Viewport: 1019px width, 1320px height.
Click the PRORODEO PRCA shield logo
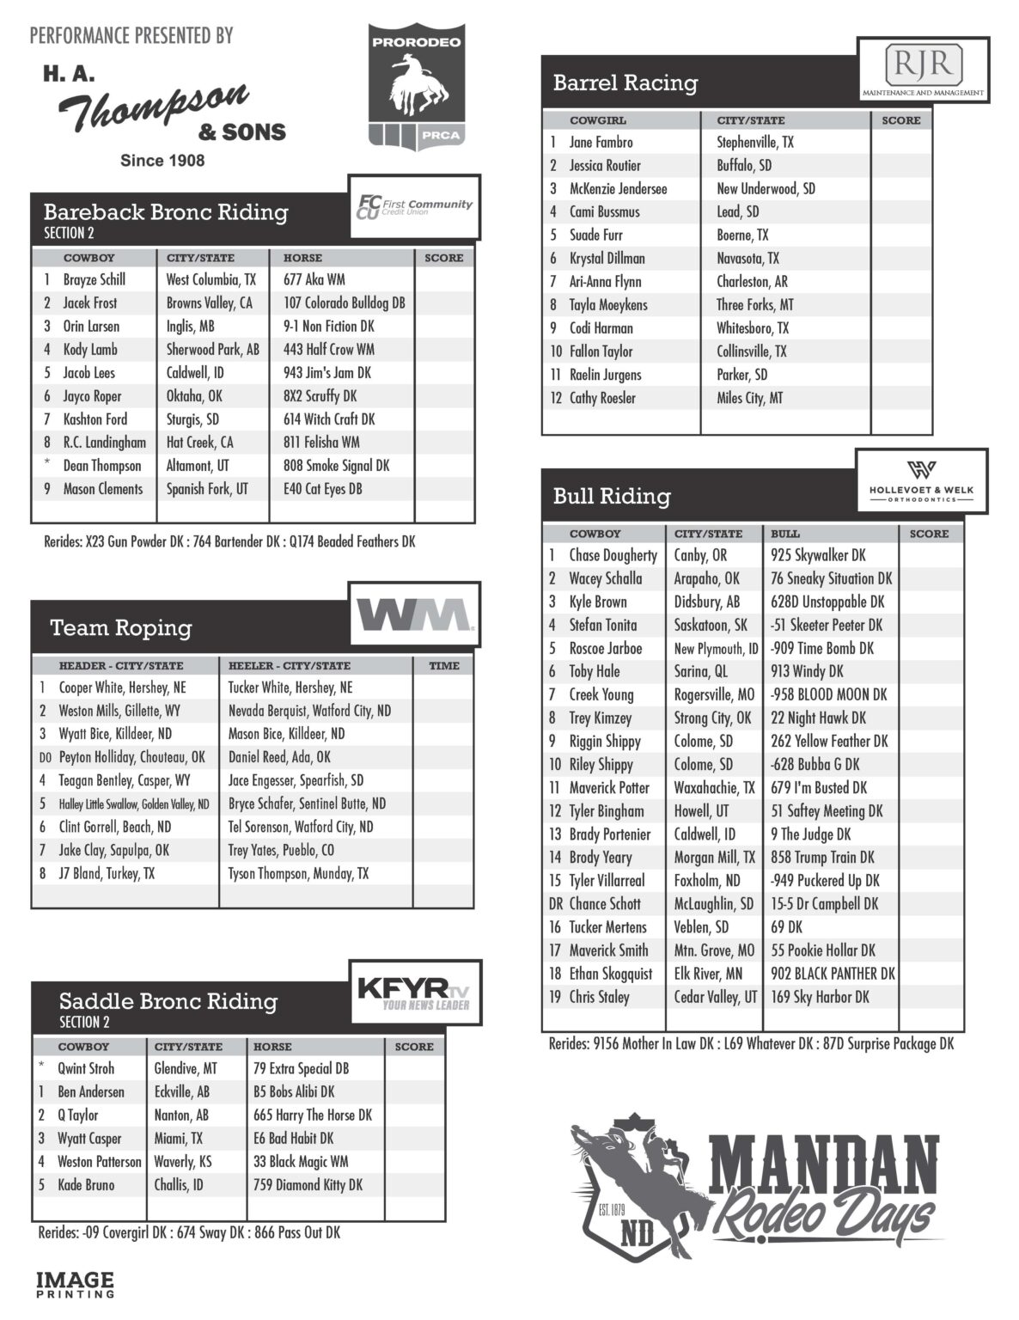point(416,86)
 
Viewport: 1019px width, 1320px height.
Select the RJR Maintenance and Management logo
point(924,69)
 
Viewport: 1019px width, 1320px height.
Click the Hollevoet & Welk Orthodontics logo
point(921,482)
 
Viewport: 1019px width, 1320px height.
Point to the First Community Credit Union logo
point(414,206)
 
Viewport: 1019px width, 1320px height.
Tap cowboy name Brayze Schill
point(95,279)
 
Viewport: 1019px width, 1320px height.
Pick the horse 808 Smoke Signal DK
point(336,466)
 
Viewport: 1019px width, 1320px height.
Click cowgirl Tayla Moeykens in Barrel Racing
point(608,305)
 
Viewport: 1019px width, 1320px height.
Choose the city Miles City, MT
point(749,398)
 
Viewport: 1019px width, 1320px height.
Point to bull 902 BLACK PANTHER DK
point(832,974)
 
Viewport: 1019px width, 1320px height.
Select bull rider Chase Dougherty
point(613,556)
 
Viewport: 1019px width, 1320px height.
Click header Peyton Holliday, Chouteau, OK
point(131,757)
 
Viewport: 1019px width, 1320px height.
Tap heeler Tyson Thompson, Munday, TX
point(298,873)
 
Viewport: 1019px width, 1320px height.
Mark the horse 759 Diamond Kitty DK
point(308,1184)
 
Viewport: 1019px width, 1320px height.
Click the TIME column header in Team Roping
point(443,665)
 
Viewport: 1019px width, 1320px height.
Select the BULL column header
point(785,534)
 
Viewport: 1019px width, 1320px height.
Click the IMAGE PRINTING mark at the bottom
point(75,1284)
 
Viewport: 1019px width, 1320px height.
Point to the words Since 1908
point(162,160)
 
